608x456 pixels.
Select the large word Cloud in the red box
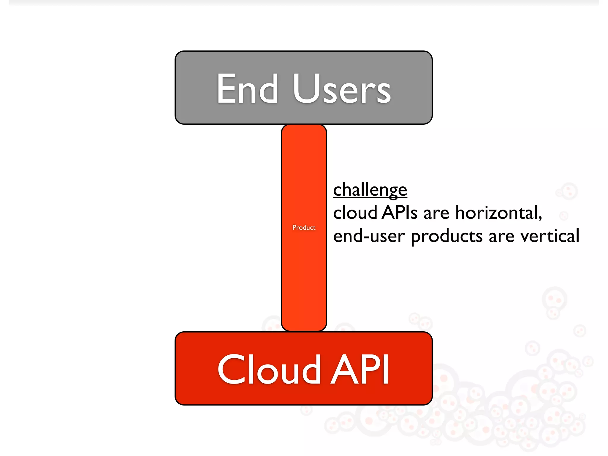269,369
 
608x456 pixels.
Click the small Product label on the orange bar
304,228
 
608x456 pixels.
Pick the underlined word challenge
370,190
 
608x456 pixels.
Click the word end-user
369,236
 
